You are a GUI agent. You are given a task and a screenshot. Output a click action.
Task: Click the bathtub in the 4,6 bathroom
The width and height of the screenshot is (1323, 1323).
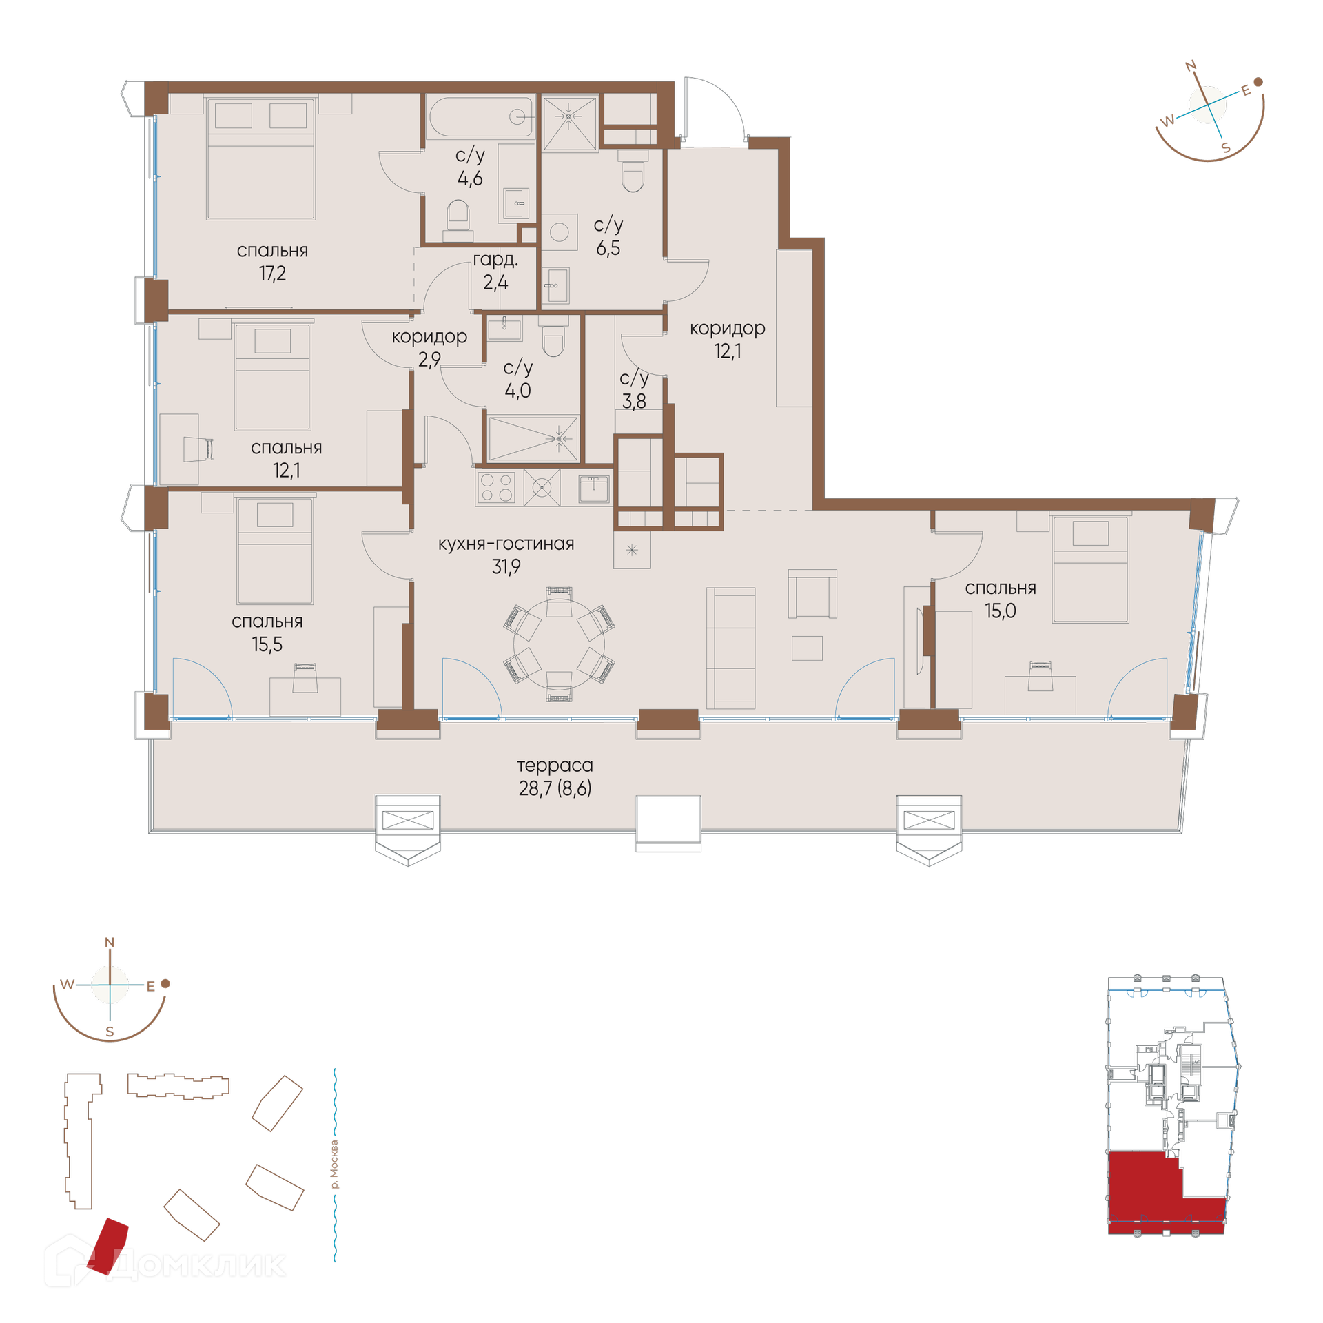pos(481,116)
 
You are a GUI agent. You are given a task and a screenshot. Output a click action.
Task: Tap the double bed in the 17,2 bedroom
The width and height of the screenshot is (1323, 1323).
pos(260,158)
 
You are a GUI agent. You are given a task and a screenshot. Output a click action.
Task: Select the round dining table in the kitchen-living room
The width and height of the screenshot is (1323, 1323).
pos(559,644)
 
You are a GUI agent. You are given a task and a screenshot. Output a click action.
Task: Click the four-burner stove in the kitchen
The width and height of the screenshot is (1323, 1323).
pos(496,486)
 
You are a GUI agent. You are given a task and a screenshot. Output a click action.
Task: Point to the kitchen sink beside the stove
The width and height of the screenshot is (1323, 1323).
pos(593,489)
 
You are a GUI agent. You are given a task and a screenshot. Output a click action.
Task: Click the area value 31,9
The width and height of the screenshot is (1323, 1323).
pos(506,566)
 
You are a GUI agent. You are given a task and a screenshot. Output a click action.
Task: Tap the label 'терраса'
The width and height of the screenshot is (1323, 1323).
pos(555,765)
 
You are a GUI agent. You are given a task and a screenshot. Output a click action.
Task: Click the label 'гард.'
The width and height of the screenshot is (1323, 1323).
pos(495,260)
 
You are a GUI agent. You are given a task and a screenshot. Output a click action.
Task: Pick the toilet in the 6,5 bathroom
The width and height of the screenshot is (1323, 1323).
pos(633,170)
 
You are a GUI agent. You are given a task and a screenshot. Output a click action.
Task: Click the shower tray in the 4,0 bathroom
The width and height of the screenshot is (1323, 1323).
pos(532,438)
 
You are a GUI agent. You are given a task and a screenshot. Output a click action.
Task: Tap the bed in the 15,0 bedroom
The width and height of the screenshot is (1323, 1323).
pos(1090,569)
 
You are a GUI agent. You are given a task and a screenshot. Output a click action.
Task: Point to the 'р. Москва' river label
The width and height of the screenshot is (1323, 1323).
pos(335,1165)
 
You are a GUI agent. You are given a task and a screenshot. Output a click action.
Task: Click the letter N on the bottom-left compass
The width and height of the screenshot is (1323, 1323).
pos(110,943)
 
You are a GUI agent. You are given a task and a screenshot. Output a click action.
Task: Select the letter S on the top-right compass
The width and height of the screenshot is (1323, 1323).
pos(1226,148)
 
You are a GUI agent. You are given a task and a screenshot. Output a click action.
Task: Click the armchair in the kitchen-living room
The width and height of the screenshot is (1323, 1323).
pos(812,593)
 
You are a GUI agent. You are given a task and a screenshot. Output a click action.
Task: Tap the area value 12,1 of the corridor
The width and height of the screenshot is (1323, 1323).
pos(728,351)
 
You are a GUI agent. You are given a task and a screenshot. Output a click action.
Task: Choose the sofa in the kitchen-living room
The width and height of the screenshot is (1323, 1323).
pos(730,648)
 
